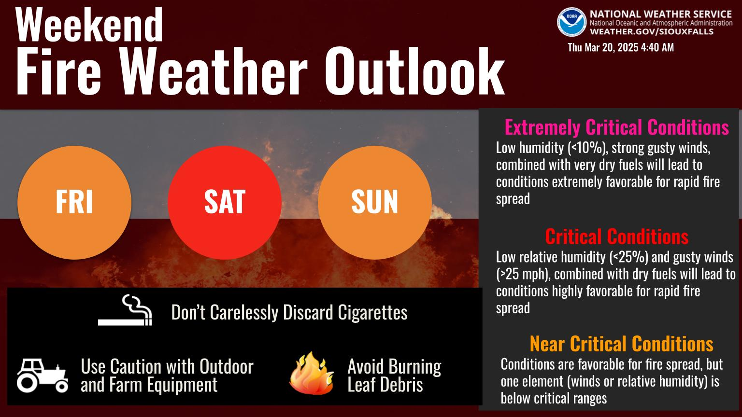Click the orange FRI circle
click(x=74, y=203)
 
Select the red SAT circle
click(x=225, y=203)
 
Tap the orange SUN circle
click(x=375, y=203)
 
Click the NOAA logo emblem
click(x=571, y=22)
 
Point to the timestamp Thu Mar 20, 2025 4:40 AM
click(x=621, y=47)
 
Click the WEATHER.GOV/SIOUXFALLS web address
click(x=652, y=32)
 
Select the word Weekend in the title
click(x=89, y=25)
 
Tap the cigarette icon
click(x=125, y=310)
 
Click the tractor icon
click(x=43, y=375)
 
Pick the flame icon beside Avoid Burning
click(x=312, y=373)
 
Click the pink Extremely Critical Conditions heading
click(x=617, y=127)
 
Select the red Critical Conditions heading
click(x=617, y=236)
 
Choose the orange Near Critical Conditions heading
click(x=621, y=344)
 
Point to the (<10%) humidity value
click(x=588, y=148)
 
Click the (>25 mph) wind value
click(x=524, y=274)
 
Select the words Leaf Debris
click(x=385, y=385)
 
